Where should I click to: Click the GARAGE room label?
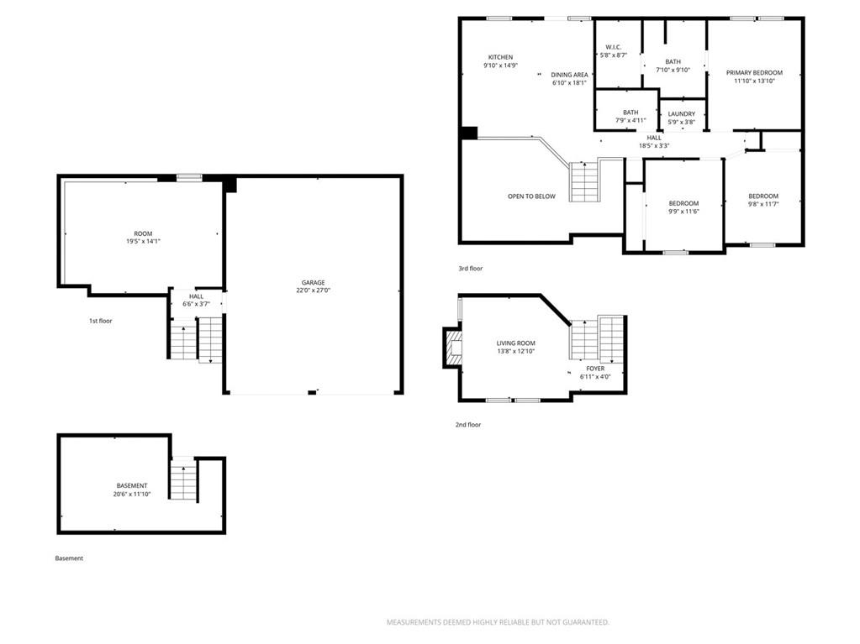(313, 283)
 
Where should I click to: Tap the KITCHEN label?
(501, 57)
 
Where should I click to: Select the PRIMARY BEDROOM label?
(754, 72)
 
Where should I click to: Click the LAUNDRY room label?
(682, 114)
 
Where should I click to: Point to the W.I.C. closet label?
(613, 47)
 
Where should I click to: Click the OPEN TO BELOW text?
(531, 196)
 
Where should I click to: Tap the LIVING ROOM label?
(515, 343)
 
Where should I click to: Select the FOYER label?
(595, 369)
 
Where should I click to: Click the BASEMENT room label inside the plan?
(132, 486)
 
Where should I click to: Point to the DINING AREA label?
(569, 75)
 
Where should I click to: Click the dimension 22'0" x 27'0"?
(314, 291)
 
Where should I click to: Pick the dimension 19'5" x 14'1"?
(143, 242)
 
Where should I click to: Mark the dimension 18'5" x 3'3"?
(654, 146)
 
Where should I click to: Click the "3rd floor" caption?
(471, 269)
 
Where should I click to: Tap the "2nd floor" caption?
(468, 424)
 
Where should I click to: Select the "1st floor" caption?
(100, 321)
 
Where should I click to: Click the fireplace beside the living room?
(452, 348)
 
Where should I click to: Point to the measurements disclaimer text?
(498, 622)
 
